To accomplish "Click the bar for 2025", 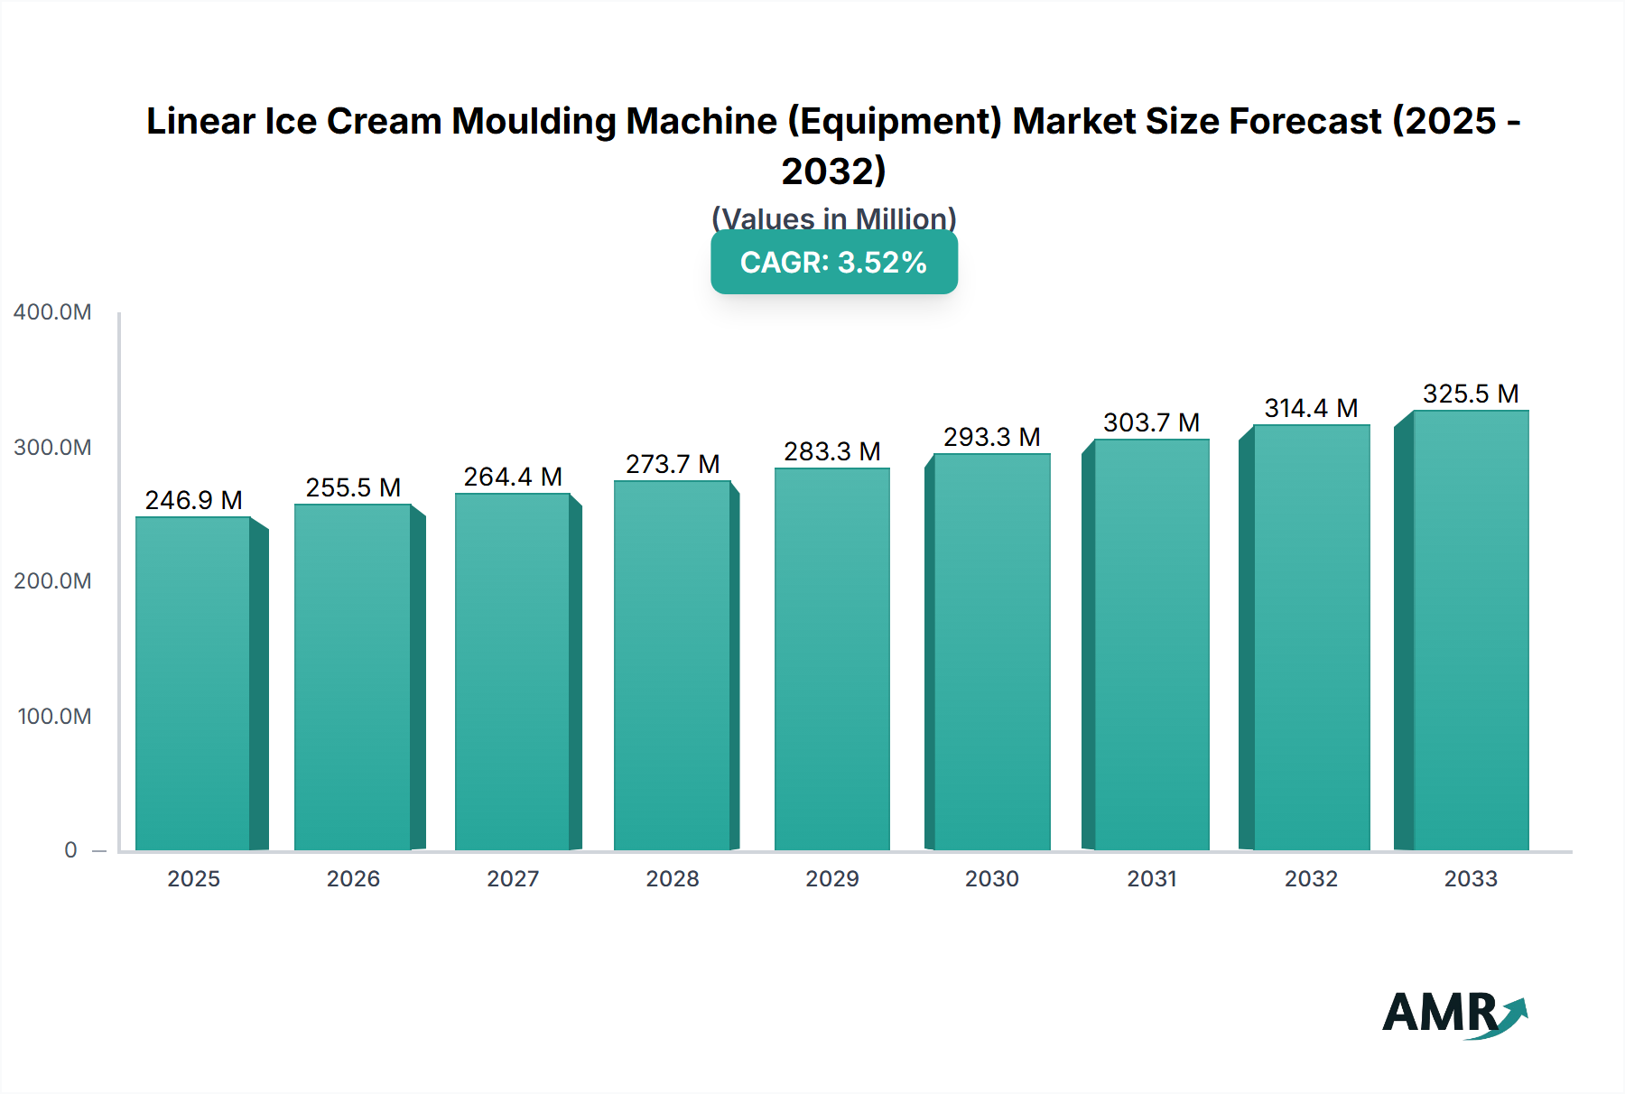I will coord(193,683).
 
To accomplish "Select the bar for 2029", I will coord(832,659).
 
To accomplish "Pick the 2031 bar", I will coord(1151,644).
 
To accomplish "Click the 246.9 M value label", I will coord(193,500).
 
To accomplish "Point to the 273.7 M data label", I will coord(673,464).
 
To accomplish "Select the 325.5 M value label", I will coord(1471,394).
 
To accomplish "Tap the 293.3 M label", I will coord(991,437).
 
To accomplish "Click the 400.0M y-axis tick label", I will coord(52,312).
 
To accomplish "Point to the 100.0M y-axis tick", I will coord(54,717).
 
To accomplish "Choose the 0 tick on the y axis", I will coord(70,850).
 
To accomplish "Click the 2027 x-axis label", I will coord(513,879).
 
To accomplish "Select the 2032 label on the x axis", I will coord(1311,879).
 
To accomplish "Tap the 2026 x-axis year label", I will coord(353,879).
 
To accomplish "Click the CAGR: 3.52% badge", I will coord(834,263).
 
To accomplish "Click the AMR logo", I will coord(1453,1014).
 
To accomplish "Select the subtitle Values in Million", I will coord(834,218).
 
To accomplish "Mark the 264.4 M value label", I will coord(513,477).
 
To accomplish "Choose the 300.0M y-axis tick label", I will coord(52,448).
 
